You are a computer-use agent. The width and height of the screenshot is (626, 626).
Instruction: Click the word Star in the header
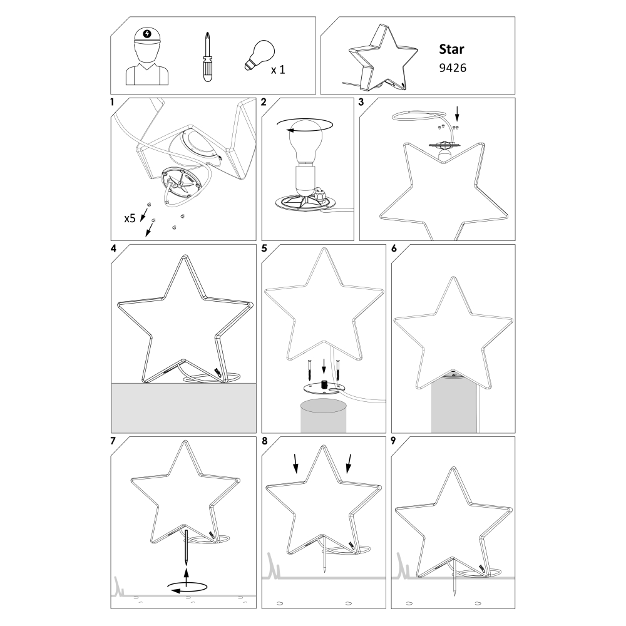pos(451,49)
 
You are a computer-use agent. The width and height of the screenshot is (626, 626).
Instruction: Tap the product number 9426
pos(453,68)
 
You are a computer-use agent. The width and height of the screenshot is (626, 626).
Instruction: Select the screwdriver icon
pos(207,57)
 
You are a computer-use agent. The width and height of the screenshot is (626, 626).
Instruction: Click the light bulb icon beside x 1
pos(260,56)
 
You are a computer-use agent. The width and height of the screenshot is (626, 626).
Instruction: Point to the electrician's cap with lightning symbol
pos(147,36)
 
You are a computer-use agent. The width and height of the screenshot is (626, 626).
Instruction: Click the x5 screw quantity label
pos(130,218)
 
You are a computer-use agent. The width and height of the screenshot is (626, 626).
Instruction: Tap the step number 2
pos(264,102)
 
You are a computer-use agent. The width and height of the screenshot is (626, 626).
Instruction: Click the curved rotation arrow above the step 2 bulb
pos(305,125)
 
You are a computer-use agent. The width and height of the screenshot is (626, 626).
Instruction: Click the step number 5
pos(264,249)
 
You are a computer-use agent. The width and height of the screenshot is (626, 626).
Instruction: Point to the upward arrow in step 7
pos(186,577)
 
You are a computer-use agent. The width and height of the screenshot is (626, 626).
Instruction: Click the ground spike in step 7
pos(186,546)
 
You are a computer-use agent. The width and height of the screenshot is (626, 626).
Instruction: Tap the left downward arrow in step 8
pos(295,463)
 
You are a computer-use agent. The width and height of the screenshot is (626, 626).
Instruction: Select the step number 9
pos(393,440)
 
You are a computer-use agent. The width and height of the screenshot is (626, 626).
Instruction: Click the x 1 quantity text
pos(278,70)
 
